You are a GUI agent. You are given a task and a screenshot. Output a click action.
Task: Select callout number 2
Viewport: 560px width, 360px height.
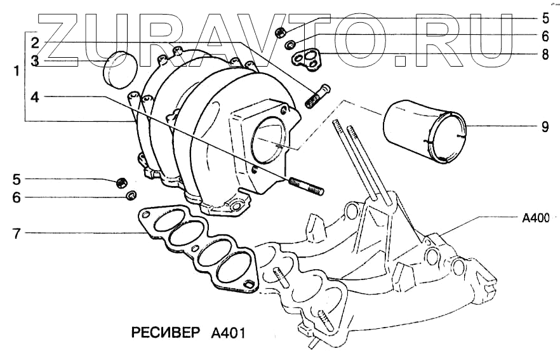tap(36, 43)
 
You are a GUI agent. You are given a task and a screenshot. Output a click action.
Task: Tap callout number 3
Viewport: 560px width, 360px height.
tap(36, 60)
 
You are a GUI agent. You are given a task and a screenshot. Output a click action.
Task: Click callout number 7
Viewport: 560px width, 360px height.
tap(17, 234)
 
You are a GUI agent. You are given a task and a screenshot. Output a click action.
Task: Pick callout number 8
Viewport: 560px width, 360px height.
tap(545, 55)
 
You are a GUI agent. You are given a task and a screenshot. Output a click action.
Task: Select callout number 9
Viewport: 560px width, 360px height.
tap(545, 126)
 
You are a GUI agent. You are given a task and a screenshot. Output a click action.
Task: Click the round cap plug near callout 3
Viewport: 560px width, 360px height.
tap(119, 70)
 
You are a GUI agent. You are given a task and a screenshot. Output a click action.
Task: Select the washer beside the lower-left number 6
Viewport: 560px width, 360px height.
tap(131, 195)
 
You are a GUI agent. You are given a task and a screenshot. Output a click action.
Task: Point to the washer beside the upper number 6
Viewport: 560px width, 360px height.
tap(290, 44)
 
